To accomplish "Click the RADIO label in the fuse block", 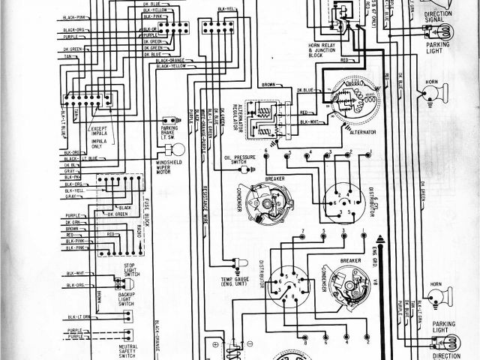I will [x=140, y=242].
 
